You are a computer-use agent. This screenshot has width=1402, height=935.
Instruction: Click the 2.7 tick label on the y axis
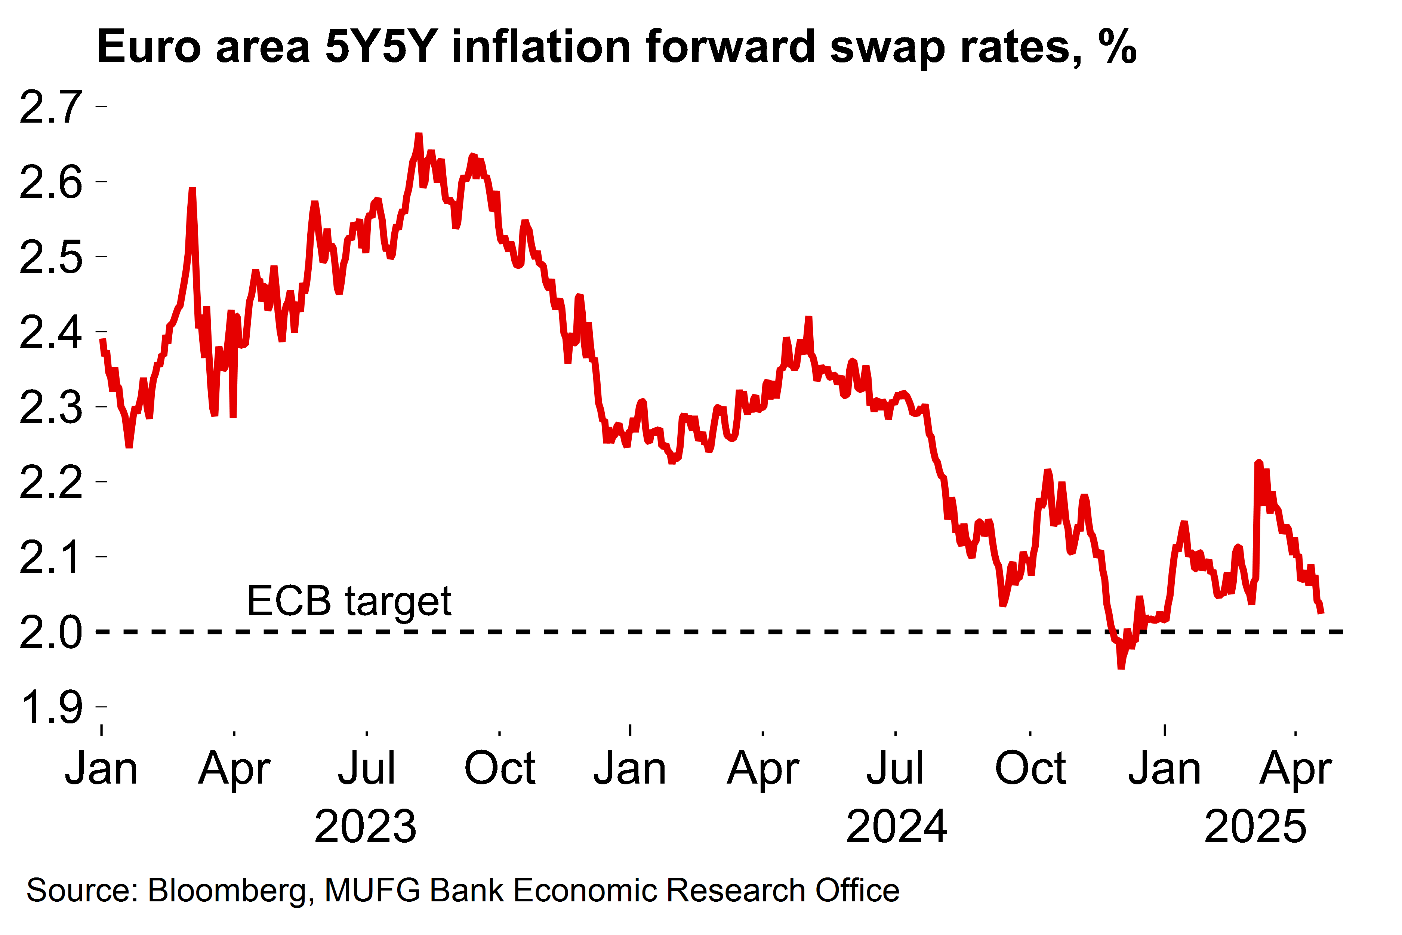click(x=51, y=107)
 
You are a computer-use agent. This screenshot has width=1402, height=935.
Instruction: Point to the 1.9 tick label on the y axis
click(x=51, y=707)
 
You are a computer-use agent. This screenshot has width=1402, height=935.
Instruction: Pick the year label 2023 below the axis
click(x=366, y=827)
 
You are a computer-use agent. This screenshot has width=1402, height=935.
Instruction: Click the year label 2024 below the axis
click(x=897, y=827)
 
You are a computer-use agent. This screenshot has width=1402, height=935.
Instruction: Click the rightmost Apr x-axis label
click(x=1296, y=769)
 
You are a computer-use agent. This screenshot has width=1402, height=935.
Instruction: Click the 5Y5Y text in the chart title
click(x=382, y=46)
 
